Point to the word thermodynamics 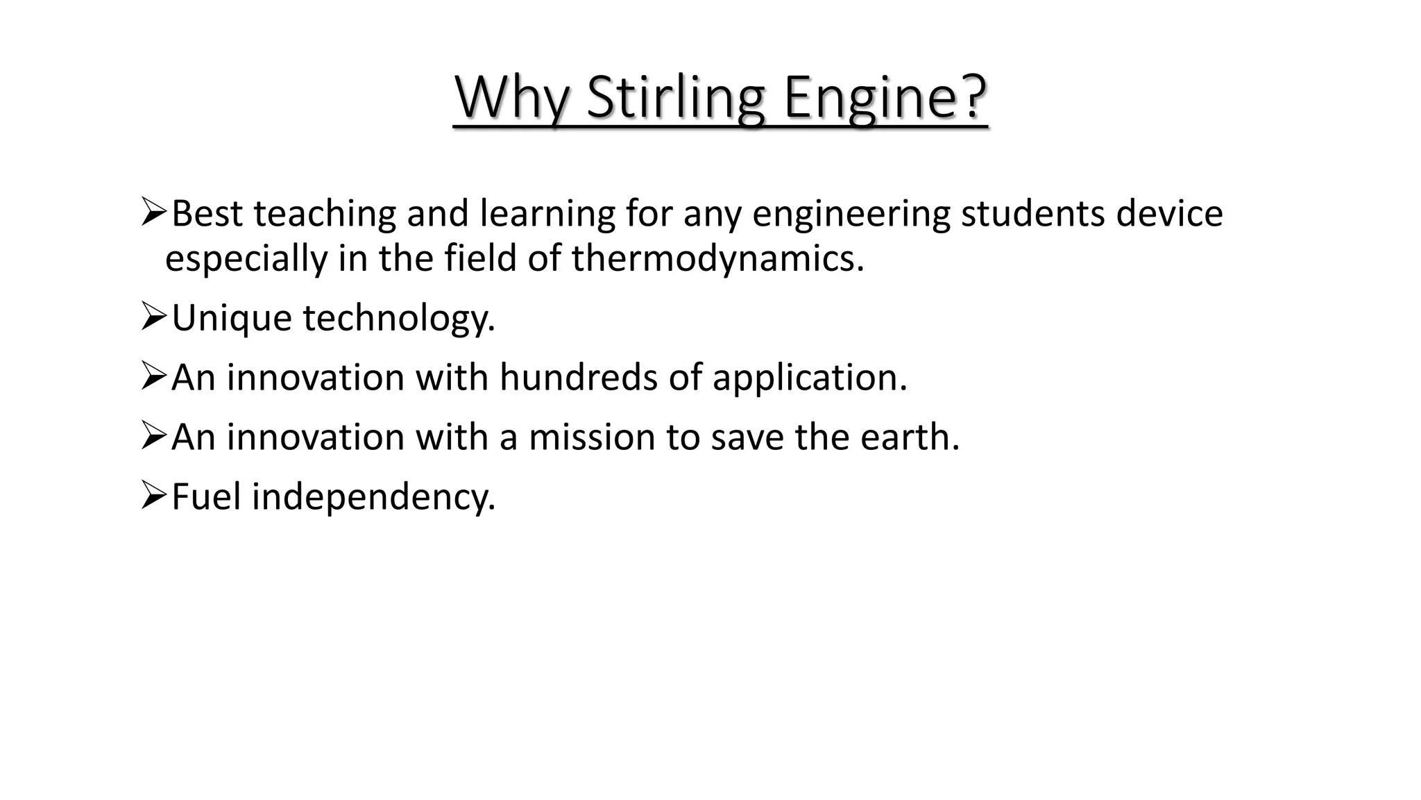[x=717, y=258]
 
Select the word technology [x=399, y=318]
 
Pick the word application [x=809, y=378]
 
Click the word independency [x=373, y=497]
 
